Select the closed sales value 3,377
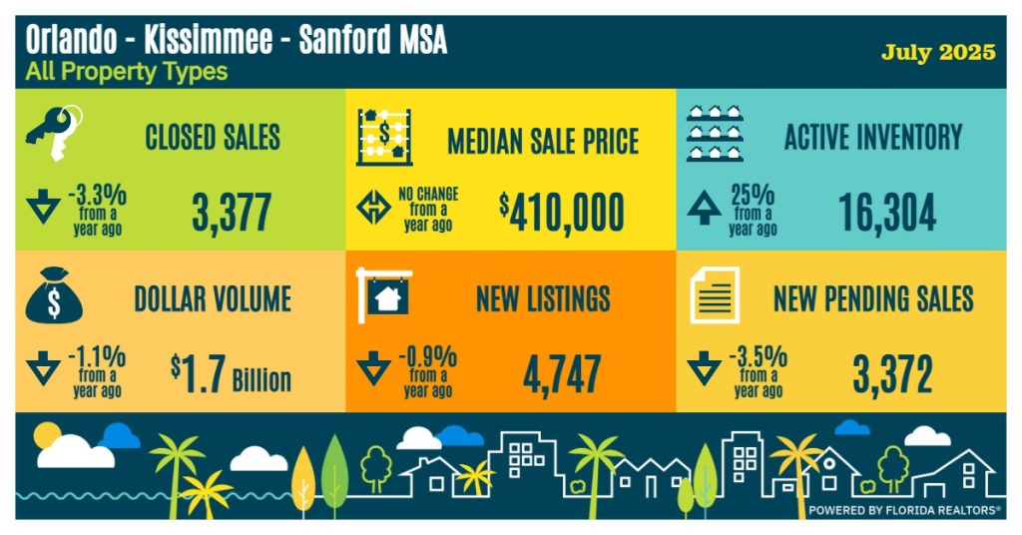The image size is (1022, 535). coord(231,213)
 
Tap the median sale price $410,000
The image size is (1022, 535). coord(562,213)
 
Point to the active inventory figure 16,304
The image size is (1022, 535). coord(886,213)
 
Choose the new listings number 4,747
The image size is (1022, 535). coord(562,374)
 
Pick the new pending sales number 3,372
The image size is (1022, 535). coord(892,374)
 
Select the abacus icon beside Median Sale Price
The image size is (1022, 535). coord(384,136)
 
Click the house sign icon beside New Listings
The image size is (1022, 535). coord(385,295)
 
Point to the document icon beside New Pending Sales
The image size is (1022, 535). coord(715,295)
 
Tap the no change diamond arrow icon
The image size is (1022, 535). coord(374,209)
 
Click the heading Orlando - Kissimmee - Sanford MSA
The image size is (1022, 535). coord(236,40)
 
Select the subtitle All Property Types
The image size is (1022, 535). coord(126,72)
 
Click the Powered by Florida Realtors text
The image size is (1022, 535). coord(904,509)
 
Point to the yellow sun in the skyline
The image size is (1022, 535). coord(47,435)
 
